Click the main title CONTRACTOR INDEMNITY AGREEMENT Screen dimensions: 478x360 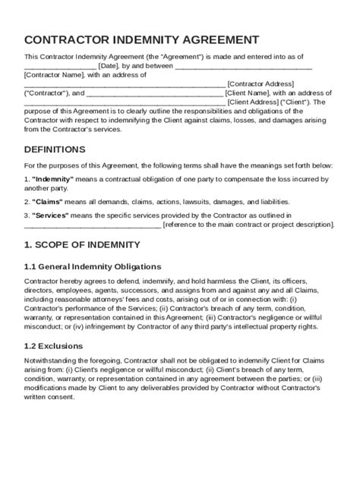(x=141, y=39)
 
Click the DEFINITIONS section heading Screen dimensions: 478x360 (x=55, y=149)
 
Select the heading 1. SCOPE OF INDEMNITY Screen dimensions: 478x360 (x=82, y=244)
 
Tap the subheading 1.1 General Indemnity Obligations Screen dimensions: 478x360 (x=93, y=266)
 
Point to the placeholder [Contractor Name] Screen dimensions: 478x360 (x=53, y=74)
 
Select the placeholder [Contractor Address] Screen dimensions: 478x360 (x=260, y=83)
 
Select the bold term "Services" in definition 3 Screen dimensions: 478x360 (x=52, y=215)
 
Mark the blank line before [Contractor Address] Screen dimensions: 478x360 (x=125, y=83)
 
